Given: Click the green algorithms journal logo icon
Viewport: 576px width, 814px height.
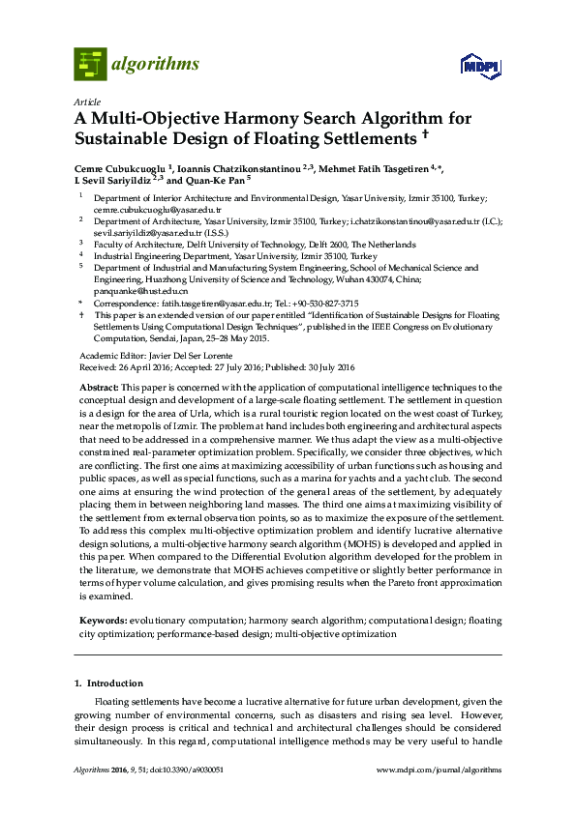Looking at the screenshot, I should click(x=90, y=64).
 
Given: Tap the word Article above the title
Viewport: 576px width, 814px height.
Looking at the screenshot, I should click(x=85, y=102).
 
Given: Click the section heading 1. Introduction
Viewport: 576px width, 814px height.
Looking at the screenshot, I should click(x=108, y=683).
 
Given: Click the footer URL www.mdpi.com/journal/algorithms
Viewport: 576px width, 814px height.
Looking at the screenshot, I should click(x=439, y=770).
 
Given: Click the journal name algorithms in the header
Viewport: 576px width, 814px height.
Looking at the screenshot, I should click(x=156, y=65).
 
